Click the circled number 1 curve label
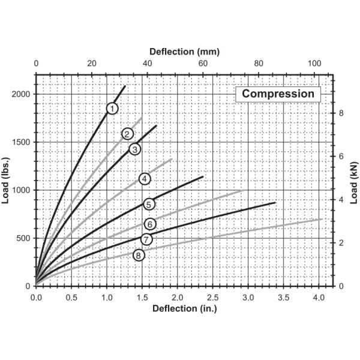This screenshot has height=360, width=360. (112, 108)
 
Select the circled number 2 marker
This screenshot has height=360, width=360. (127, 133)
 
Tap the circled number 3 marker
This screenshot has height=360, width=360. (134, 149)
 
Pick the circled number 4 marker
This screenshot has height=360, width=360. (144, 178)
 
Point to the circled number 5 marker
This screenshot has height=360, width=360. (149, 204)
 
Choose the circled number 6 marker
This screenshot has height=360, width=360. (150, 224)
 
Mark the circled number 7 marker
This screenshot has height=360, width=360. (146, 239)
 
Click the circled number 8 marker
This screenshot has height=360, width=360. (139, 255)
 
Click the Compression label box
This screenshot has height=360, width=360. (278, 94)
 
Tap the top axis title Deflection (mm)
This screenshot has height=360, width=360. (180, 51)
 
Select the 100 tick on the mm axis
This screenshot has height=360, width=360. (313, 64)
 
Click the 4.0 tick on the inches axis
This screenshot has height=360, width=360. (319, 296)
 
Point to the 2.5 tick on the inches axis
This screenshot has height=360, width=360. (213, 296)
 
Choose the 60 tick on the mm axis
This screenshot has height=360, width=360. (202, 64)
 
